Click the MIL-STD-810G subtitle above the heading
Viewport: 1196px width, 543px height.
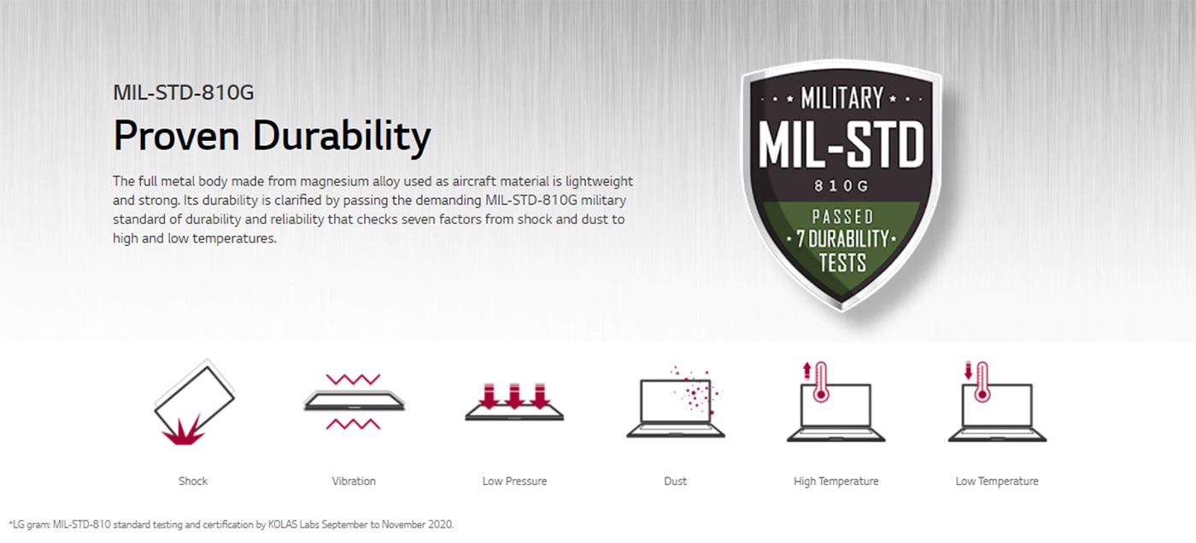(x=183, y=93)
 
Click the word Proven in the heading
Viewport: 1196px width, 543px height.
(x=176, y=136)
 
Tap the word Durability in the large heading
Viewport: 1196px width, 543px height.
(x=341, y=137)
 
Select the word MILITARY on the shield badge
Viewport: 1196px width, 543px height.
(x=841, y=98)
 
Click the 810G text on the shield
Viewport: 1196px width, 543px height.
(x=841, y=185)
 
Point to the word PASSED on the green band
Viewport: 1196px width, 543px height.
(x=842, y=217)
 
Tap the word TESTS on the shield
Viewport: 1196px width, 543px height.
(x=842, y=262)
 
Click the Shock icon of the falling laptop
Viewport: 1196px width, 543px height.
(x=194, y=402)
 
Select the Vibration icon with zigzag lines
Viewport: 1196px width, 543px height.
(x=354, y=401)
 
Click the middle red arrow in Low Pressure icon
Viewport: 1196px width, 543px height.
(x=514, y=396)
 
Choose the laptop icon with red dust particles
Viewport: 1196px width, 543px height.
(x=676, y=403)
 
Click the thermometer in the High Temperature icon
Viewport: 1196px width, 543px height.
(x=821, y=382)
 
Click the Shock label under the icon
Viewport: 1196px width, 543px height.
(x=193, y=482)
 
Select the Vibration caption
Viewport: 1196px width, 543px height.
(x=354, y=482)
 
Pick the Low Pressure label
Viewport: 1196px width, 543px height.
(x=514, y=482)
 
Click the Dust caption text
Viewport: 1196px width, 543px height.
(x=676, y=482)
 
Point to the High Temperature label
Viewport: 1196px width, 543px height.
(x=836, y=482)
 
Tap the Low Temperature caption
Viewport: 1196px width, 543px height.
(x=997, y=482)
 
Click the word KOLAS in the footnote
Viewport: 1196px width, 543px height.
(x=282, y=524)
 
